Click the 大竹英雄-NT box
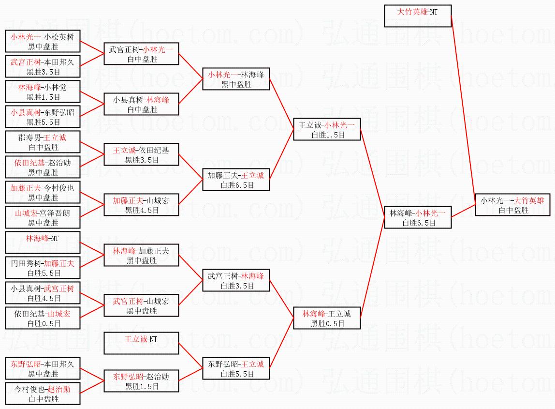click(418, 16)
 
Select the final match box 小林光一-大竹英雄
click(512, 205)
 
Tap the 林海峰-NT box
click(43, 243)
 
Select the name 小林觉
click(55, 87)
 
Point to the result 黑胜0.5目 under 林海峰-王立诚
click(327, 323)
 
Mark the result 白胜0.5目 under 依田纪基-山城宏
click(43, 323)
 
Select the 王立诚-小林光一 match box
click(327, 129)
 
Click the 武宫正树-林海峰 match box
click(236, 280)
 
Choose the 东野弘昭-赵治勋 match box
click(141, 381)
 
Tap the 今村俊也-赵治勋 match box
click(43, 394)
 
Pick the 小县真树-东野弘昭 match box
click(43, 117)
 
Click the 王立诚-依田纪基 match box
click(141, 154)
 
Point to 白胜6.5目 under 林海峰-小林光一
click(418, 223)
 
